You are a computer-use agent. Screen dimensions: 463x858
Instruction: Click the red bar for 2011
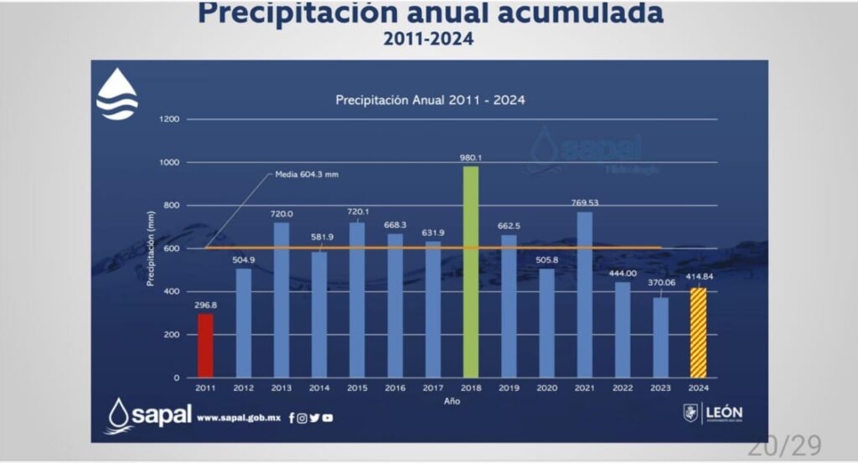tap(205, 345)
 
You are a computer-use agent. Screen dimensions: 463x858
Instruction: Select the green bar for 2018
tap(471, 271)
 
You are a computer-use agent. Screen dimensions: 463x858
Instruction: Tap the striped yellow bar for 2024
tap(698, 332)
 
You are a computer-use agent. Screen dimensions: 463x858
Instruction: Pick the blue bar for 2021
tap(584, 294)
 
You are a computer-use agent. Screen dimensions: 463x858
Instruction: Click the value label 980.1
tap(471, 157)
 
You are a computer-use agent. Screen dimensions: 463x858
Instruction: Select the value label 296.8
tap(205, 305)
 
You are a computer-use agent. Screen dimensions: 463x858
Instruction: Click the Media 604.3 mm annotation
tap(307, 174)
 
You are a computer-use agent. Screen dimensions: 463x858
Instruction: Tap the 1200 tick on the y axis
tap(170, 120)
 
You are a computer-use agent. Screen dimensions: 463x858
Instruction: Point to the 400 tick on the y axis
tap(173, 291)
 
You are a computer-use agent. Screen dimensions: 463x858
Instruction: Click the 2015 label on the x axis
tap(357, 388)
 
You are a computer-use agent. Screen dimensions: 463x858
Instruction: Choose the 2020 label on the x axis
tap(546, 388)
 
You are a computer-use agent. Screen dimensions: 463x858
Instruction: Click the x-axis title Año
tap(452, 401)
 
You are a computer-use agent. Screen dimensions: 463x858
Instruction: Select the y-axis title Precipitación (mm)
tap(151, 249)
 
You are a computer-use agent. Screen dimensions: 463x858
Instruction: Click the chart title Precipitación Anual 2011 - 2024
tap(430, 100)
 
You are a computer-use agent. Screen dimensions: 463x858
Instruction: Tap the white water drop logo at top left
tap(117, 94)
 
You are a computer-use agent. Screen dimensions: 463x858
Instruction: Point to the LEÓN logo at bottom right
tap(713, 413)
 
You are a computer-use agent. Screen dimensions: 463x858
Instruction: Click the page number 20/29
tap(784, 445)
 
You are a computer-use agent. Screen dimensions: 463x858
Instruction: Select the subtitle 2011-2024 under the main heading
tap(428, 39)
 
